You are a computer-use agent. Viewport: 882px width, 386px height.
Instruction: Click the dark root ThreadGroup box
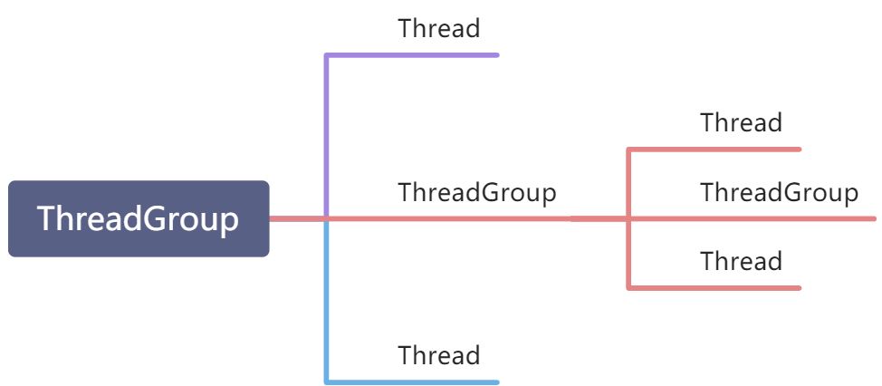139,218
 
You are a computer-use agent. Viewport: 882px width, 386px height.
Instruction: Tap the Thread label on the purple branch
438,28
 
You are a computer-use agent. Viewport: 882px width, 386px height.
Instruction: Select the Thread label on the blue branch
438,354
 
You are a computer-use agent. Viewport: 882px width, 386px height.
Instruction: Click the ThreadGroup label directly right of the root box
476,192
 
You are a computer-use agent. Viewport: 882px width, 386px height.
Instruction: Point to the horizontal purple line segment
412,55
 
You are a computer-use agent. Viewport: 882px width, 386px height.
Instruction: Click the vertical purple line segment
326,136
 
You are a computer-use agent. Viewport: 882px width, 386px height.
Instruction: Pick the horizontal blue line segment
412,381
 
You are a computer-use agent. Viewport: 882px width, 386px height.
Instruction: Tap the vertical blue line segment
326,299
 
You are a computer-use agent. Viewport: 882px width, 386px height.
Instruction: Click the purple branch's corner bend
326,55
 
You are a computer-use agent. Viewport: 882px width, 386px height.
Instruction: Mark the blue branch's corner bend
326,381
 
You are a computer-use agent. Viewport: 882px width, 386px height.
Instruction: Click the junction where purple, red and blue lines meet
326,218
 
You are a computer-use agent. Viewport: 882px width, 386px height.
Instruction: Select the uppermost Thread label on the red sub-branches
741,122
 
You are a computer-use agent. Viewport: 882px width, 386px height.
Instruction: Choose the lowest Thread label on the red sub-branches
741,262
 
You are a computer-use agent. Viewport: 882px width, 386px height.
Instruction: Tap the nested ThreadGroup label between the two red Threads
779,192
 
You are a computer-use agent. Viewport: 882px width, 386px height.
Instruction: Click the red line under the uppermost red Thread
715,149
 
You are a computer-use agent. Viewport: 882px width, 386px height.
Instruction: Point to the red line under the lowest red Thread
715,287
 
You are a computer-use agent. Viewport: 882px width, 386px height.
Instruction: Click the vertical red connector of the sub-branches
628,181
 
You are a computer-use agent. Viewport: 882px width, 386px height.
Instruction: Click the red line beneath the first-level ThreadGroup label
453,218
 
